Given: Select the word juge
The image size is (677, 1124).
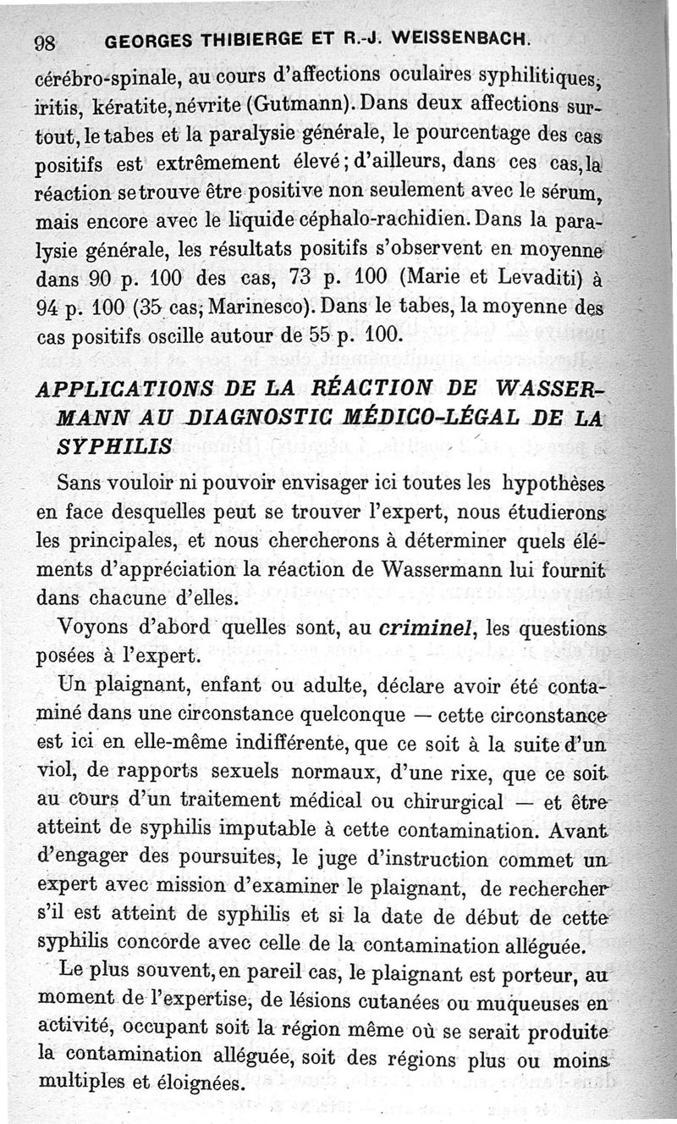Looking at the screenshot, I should click(338, 861).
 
